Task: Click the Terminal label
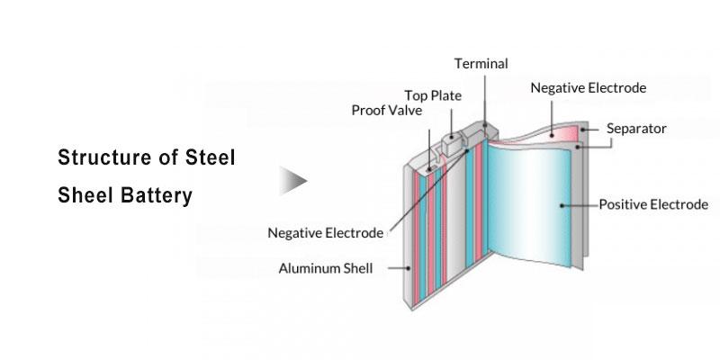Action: (481, 64)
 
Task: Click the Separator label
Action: (636, 129)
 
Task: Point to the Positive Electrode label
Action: (653, 205)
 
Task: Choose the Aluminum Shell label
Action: (332, 268)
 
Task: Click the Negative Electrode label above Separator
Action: (588, 88)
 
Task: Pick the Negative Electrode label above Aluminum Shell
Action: (325, 233)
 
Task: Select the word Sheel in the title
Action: (84, 195)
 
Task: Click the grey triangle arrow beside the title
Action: (292, 180)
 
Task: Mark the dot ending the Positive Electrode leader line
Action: (562, 205)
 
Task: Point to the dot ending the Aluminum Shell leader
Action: (411, 267)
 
